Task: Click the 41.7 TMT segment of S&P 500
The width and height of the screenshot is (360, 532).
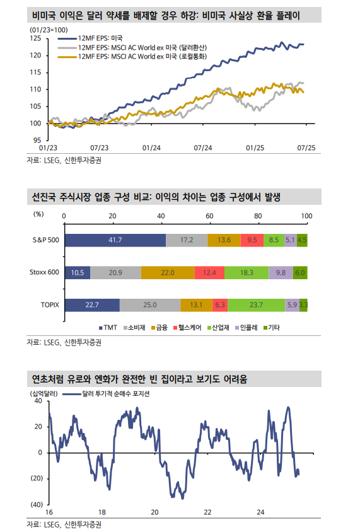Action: pos(115,240)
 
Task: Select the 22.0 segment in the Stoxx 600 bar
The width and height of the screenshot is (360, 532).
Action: pos(168,272)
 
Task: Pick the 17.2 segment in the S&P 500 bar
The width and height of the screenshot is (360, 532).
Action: pos(187,240)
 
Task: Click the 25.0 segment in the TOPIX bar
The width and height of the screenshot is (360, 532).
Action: pos(149,304)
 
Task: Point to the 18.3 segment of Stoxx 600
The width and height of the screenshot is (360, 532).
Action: pos(247,272)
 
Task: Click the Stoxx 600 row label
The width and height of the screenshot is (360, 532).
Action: pos(45,272)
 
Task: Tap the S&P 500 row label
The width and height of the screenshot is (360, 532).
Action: pos(45,240)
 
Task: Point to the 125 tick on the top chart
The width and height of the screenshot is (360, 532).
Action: pos(36,38)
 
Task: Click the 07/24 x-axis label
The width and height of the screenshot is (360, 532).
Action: pos(202,147)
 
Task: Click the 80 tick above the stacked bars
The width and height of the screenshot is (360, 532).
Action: pos(258,216)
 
